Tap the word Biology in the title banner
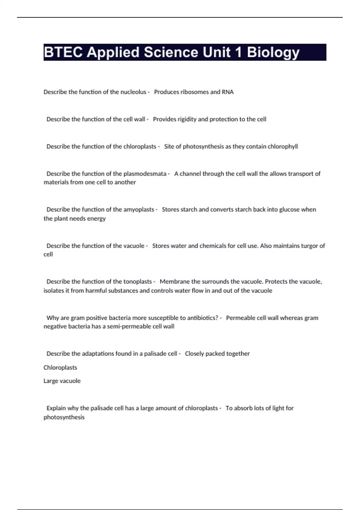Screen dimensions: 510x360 pyautogui.click(x=273, y=53)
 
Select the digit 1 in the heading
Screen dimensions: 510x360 pyautogui.click(x=238, y=52)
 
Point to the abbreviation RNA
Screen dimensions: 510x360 pyautogui.click(x=228, y=92)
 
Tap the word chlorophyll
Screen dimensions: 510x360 pyautogui.click(x=283, y=146)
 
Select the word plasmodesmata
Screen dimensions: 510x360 pyautogui.click(x=145, y=174)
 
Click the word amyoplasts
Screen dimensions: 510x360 pyautogui.click(x=139, y=209)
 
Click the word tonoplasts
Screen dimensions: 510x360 pyautogui.click(x=137, y=282)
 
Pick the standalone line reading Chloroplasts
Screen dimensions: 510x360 pyautogui.click(x=60, y=367)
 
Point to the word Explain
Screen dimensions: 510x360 pyautogui.click(x=56, y=408)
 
